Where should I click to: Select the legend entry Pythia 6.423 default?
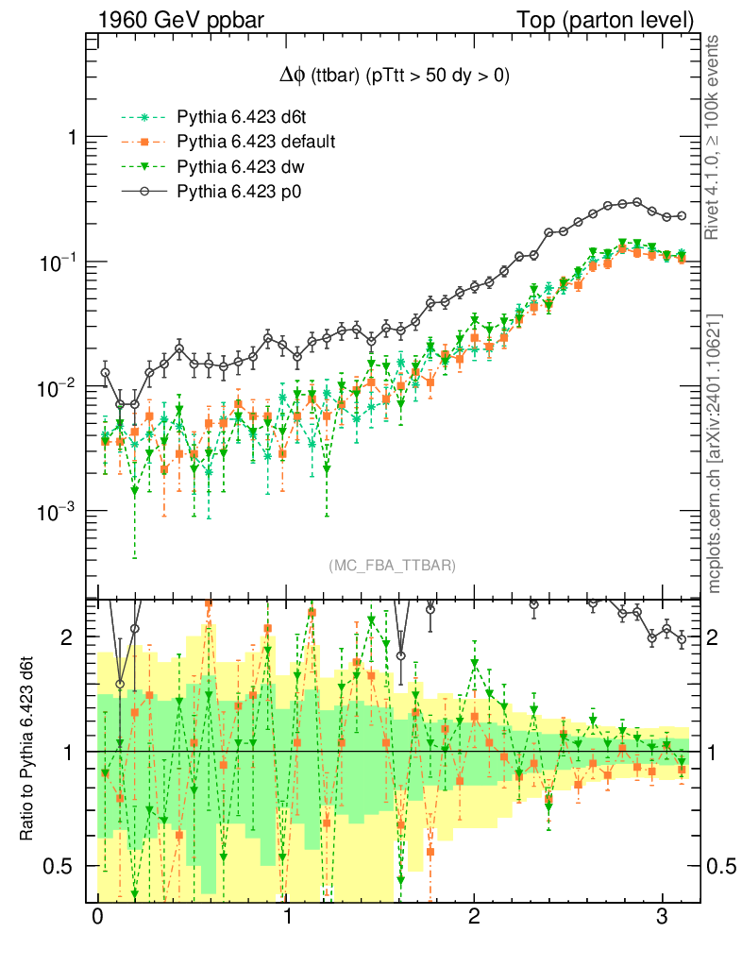[x=257, y=143]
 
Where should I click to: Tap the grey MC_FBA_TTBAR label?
[x=392, y=566]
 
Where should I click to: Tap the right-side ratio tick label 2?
[x=715, y=637]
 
